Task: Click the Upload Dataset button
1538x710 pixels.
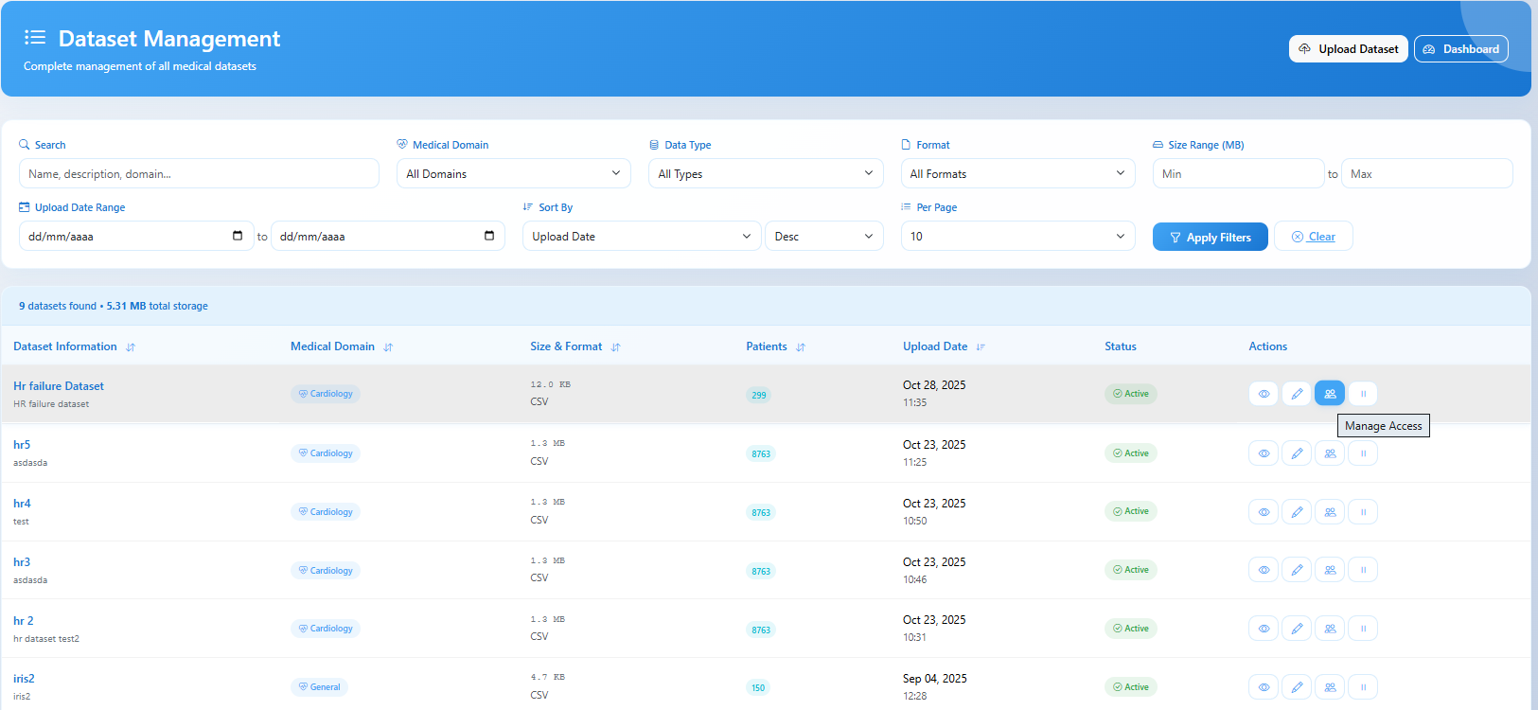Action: pos(1348,49)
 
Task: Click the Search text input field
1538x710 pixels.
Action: pos(199,174)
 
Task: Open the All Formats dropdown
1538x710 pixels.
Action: pos(1017,174)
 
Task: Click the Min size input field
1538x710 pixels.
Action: pos(1237,174)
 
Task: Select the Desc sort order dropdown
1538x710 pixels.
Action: pos(823,237)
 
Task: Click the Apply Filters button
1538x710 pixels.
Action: pos(1210,238)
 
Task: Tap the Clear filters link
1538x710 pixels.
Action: pos(1314,237)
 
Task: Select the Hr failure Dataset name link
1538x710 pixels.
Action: pos(59,386)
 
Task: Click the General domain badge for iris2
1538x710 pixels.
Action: pos(319,687)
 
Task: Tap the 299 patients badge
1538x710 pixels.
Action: pos(758,395)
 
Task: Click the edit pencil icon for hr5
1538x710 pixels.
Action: pos(1297,453)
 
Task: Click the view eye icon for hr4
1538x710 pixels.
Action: pos(1264,512)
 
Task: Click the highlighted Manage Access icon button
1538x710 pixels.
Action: pos(1330,394)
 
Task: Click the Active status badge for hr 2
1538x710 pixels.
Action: pos(1130,629)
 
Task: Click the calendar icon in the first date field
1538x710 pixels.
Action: pos(238,236)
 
